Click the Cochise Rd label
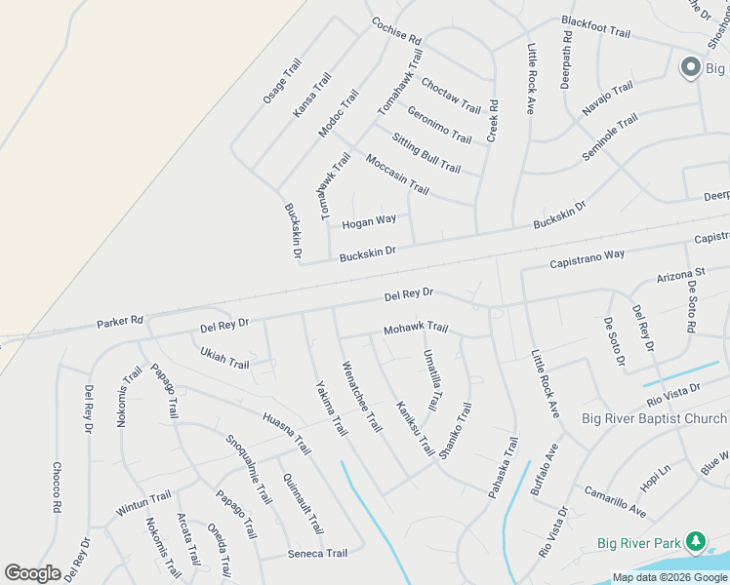pyautogui.click(x=395, y=32)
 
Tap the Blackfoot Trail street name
pyautogui.click(x=595, y=25)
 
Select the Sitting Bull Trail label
pyautogui.click(x=426, y=153)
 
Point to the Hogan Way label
pyautogui.click(x=369, y=221)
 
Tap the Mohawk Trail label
pyautogui.click(x=416, y=329)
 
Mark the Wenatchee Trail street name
pyautogui.click(x=360, y=397)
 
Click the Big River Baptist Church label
pyautogui.click(x=654, y=419)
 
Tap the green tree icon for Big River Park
pyautogui.click(x=696, y=540)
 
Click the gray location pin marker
pyautogui.click(x=690, y=67)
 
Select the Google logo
pyautogui.click(x=33, y=572)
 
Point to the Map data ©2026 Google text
pyautogui.click(x=670, y=577)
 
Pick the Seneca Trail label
pyautogui.click(x=317, y=554)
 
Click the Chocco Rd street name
pyautogui.click(x=56, y=487)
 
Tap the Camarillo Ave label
pyautogui.click(x=615, y=501)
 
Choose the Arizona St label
pyautogui.click(x=680, y=274)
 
